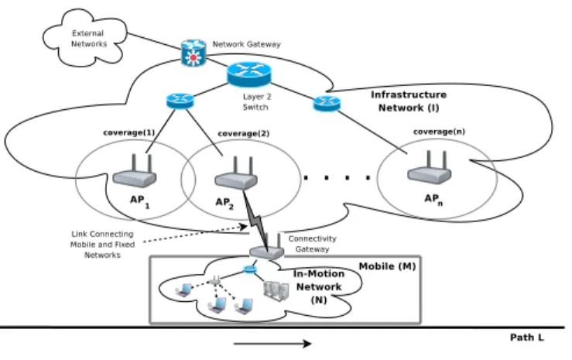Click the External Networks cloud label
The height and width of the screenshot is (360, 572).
click(89, 39)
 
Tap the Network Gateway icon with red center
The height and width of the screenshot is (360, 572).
click(194, 53)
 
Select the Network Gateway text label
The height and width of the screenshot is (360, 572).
click(247, 44)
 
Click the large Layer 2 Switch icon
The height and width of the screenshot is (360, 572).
click(249, 74)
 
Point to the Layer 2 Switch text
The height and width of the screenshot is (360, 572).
click(256, 102)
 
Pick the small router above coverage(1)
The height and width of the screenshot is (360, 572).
click(180, 101)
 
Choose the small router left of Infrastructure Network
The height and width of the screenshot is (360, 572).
click(327, 103)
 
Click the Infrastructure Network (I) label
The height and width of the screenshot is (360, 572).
click(409, 101)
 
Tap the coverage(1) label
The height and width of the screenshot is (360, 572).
click(129, 132)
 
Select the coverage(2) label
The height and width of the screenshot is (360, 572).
click(244, 133)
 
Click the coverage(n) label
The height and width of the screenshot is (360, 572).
click(439, 132)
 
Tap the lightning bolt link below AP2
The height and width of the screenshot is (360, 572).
click(256, 220)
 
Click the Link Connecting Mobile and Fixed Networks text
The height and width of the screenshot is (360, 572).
click(102, 245)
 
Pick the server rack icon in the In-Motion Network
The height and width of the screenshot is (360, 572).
click(276, 290)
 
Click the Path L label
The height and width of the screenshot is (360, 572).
click(527, 338)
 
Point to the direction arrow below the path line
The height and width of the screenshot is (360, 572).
click(272, 343)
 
